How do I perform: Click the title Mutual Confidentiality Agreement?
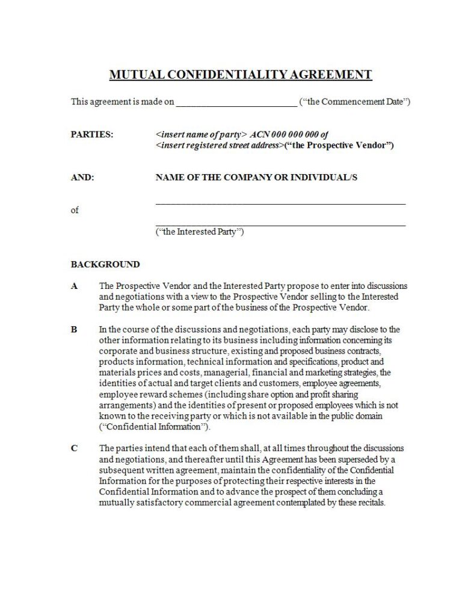[241, 75]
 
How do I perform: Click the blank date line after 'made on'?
[236, 103]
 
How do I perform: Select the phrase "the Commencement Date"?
[354, 102]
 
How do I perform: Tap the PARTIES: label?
[92, 135]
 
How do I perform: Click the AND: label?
[82, 177]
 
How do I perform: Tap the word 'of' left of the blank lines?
[75, 210]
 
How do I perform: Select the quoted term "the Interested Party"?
[200, 232]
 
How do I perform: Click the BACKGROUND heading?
[105, 264]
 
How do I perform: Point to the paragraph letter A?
[75, 286]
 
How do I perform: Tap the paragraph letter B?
[75, 330]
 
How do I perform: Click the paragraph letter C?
[75, 448]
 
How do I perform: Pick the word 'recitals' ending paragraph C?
[368, 503]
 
